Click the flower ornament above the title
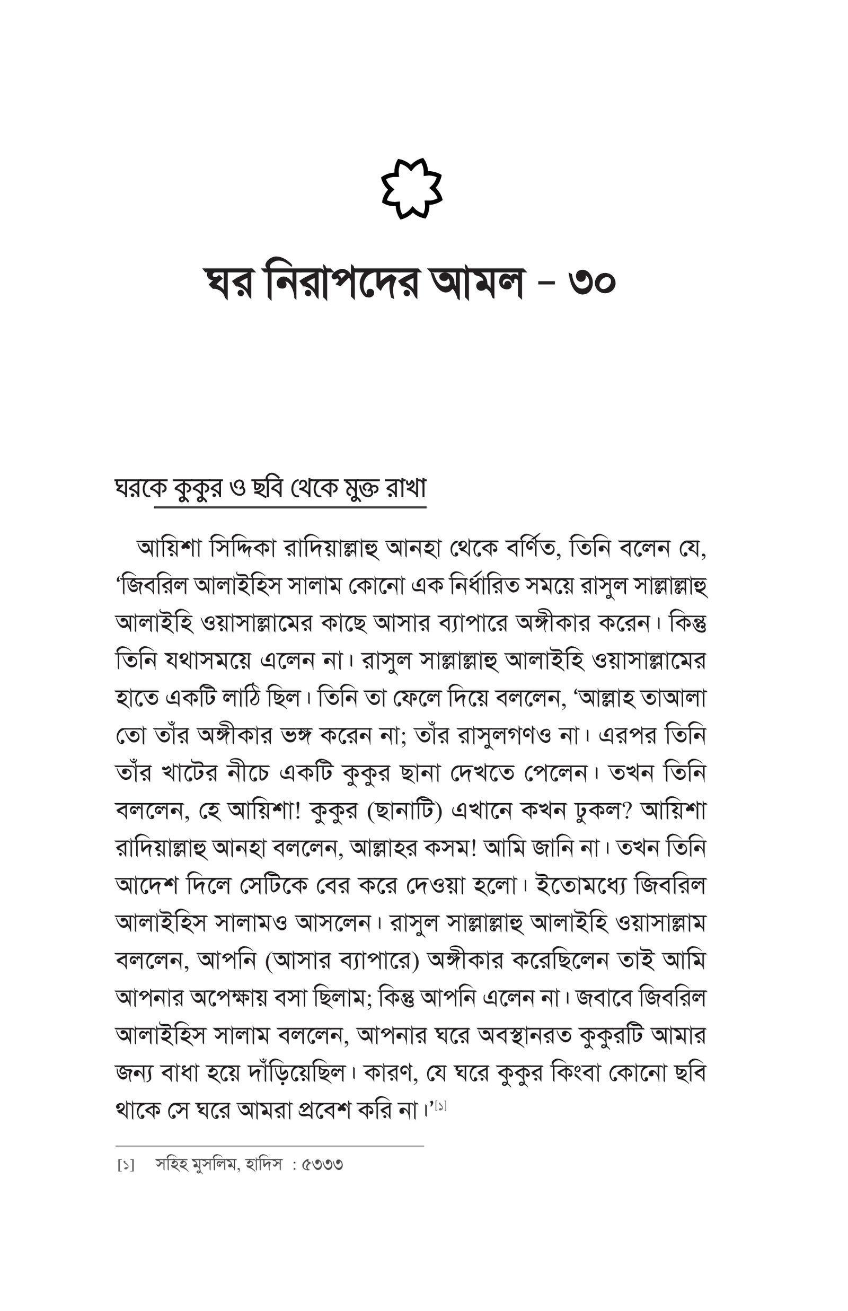(x=411, y=188)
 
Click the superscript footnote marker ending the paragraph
(x=440, y=1106)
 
